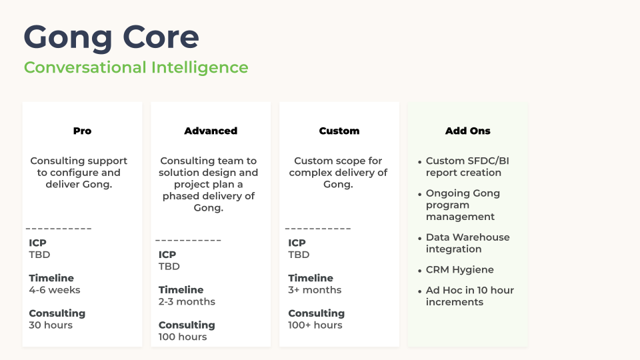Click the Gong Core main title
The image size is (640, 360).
click(x=111, y=37)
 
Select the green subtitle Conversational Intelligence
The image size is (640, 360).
click(x=136, y=67)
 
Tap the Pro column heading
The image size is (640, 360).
click(x=82, y=131)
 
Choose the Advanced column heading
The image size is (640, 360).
click(x=211, y=131)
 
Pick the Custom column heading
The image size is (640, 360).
click(x=339, y=131)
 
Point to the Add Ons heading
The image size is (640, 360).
click(x=468, y=131)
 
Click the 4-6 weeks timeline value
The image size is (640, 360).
click(x=54, y=290)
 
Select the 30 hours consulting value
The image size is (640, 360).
click(x=51, y=325)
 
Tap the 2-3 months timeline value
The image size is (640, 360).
click(x=187, y=301)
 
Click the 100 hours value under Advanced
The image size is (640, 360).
click(x=183, y=337)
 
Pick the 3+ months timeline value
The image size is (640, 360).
click(x=315, y=290)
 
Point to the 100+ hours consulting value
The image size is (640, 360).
click(x=315, y=325)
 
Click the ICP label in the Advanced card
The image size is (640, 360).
click(x=167, y=254)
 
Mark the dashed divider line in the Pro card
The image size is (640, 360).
click(x=59, y=229)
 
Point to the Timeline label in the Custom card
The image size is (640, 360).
click(x=311, y=278)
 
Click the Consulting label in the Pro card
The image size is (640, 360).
click(x=57, y=313)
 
